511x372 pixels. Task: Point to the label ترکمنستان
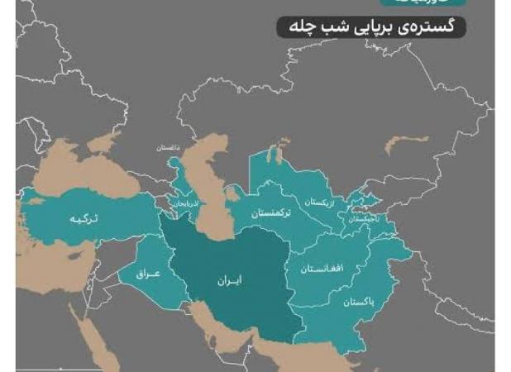[270, 212]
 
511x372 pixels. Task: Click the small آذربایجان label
[184, 203]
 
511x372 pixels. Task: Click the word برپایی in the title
[372, 27]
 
